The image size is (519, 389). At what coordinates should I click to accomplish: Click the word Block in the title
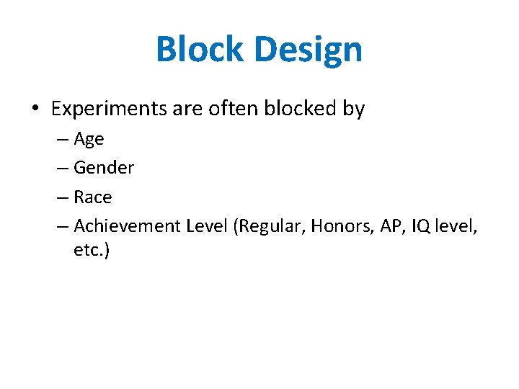point(198,50)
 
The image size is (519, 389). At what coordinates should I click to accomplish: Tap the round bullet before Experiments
point(35,109)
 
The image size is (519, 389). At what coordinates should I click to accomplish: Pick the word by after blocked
point(352,109)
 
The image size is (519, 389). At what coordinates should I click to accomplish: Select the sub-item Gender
point(104,168)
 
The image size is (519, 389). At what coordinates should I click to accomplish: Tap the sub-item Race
point(93,197)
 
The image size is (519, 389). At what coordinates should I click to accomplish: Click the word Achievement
point(127,225)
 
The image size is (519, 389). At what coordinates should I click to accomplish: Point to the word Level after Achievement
point(206,225)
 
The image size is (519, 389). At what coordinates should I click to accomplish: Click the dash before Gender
point(61,168)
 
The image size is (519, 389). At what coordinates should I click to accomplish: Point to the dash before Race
point(61,197)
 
